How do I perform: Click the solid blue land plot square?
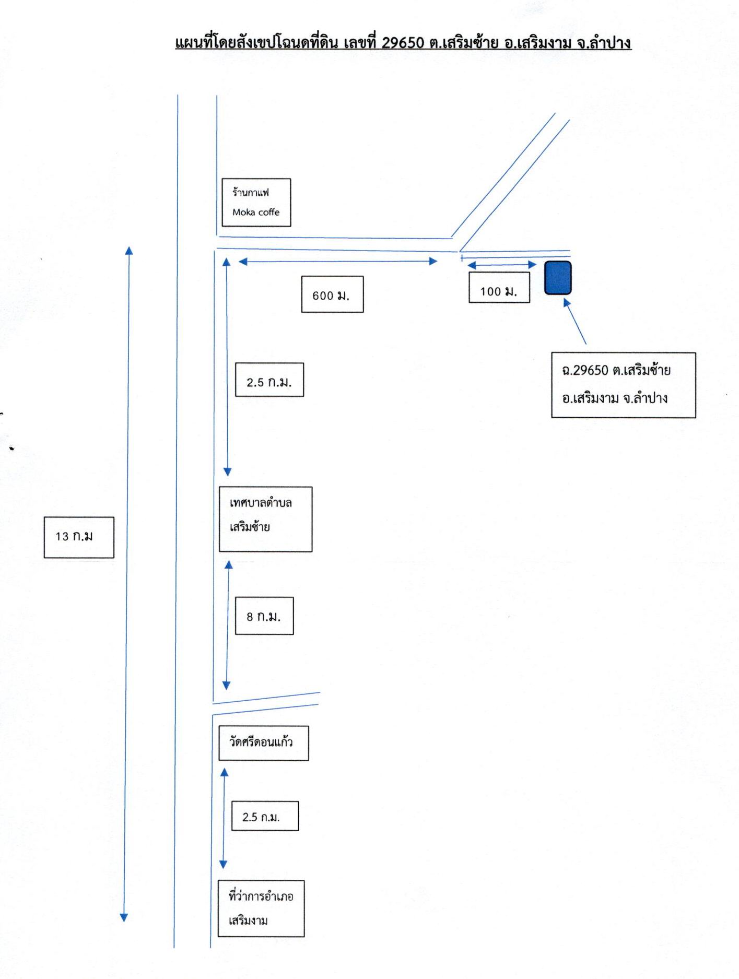(558, 278)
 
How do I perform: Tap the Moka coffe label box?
(256, 203)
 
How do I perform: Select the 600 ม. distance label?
(332, 294)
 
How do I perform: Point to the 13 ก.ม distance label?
(79, 537)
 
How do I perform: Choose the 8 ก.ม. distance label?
(264, 616)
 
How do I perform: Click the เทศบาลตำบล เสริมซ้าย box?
(265, 520)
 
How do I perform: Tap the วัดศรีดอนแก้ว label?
(264, 743)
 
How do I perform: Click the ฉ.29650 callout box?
(624, 385)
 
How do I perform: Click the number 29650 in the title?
(403, 42)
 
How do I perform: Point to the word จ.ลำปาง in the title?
(604, 42)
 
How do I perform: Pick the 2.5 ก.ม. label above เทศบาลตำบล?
(269, 380)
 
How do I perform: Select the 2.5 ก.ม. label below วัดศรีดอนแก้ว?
(265, 816)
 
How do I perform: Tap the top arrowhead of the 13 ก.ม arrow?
(128, 250)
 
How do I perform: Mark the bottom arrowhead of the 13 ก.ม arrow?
(124, 917)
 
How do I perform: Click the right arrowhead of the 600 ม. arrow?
(433, 261)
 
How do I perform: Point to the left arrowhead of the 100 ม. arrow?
(472, 265)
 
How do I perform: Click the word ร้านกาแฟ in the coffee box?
(251, 193)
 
